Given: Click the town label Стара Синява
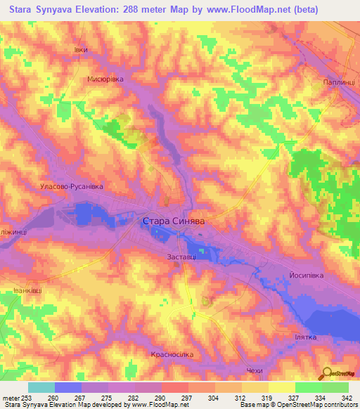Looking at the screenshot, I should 174,221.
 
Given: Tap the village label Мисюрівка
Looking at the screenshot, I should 105,79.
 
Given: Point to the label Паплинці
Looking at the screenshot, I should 339,82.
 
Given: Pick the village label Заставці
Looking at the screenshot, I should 181,258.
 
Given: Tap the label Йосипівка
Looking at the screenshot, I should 306,275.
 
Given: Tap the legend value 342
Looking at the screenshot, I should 348,397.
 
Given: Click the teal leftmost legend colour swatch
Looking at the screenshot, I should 41,387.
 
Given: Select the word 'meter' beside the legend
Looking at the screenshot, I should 11,397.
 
